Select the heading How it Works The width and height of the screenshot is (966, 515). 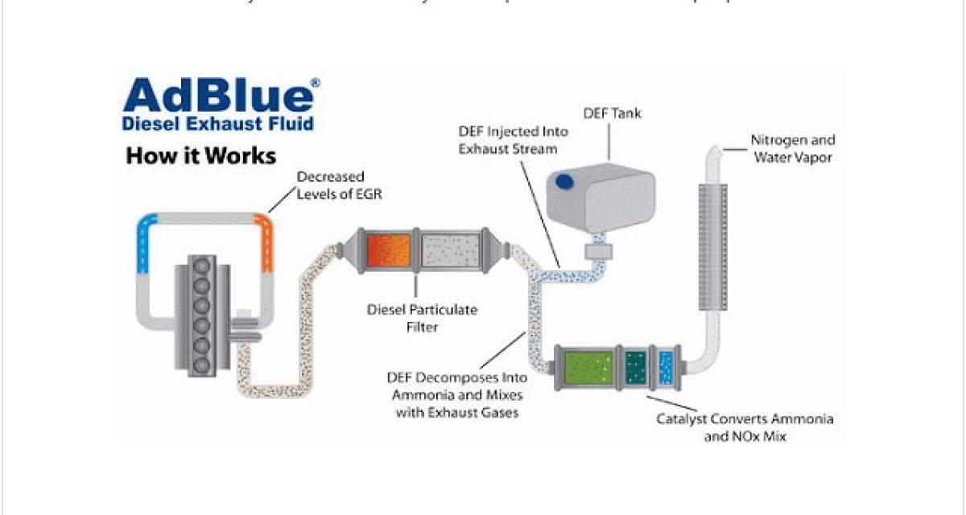point(200,155)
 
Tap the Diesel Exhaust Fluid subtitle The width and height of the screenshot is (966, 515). point(217,124)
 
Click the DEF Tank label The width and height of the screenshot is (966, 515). point(613,113)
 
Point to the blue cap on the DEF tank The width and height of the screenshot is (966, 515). point(564,183)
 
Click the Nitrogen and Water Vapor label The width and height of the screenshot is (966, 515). point(793,148)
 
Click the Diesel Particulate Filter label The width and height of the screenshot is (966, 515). point(422,319)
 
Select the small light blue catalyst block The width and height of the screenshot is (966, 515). point(666,365)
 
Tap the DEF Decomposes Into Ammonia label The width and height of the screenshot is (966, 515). point(457,394)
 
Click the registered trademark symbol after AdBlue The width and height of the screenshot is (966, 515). point(315,83)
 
